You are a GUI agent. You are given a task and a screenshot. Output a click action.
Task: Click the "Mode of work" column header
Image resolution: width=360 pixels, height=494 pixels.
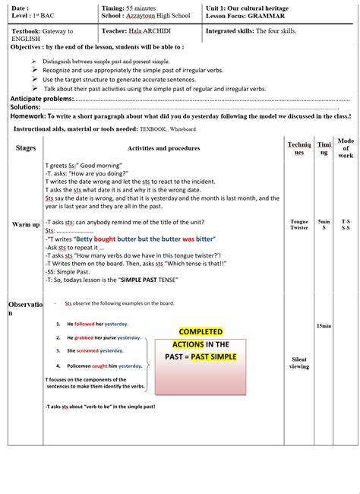(x=346, y=147)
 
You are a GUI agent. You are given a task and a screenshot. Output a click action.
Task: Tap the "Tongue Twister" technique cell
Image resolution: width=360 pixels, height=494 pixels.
(x=299, y=224)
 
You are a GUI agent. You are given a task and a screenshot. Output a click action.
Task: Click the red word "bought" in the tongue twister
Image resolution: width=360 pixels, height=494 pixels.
(x=105, y=239)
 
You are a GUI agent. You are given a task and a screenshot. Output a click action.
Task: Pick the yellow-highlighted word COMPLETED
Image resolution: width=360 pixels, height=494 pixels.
(x=201, y=331)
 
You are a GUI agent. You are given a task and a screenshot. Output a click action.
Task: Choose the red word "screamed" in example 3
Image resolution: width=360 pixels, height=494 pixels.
(x=89, y=351)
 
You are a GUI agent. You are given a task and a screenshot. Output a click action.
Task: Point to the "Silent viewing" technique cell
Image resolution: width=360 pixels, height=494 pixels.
(x=299, y=363)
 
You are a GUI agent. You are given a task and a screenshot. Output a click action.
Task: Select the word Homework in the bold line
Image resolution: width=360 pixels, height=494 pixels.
(x=27, y=116)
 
